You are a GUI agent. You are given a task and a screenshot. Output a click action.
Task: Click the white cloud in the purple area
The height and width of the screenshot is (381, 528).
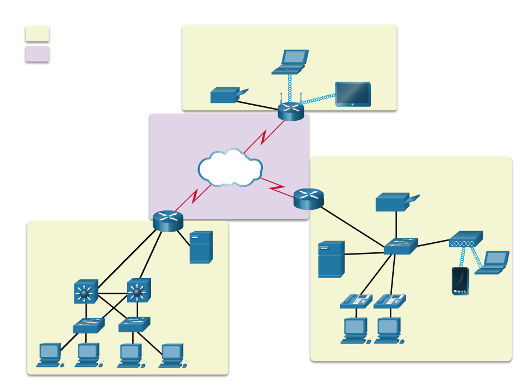pos(230,168)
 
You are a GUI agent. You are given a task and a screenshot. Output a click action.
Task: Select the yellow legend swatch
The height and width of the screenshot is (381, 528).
pos(37,34)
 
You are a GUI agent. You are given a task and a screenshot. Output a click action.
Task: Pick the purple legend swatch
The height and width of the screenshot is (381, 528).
pos(37,54)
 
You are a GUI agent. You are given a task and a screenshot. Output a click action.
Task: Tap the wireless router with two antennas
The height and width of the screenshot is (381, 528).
pos(291,111)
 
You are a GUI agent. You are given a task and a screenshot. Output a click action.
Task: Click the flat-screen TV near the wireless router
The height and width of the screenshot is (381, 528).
pos(352,94)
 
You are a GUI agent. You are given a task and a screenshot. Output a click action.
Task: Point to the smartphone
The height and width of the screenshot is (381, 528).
pos(460,281)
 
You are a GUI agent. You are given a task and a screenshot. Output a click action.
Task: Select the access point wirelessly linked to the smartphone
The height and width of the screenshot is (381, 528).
pos(465,240)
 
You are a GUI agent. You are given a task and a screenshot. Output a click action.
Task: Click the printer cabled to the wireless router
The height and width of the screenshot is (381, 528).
pos(225,96)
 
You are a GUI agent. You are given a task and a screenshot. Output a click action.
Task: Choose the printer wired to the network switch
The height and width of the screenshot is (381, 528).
pos(394,202)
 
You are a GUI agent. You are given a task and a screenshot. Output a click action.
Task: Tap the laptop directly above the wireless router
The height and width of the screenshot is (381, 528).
pos(291,62)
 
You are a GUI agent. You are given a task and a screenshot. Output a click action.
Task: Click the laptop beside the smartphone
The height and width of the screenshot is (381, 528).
pos(493,262)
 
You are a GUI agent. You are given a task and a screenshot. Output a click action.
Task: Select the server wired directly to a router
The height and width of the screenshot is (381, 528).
pos(201,247)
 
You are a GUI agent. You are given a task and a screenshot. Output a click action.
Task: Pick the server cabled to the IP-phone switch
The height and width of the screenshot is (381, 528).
pos(331,258)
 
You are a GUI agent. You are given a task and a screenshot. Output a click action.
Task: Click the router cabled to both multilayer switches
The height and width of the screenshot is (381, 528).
pos(168,221)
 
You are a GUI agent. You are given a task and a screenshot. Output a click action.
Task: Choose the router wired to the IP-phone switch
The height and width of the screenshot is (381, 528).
pos(309,199)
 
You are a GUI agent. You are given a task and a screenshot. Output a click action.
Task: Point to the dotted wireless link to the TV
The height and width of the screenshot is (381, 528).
pos(318,100)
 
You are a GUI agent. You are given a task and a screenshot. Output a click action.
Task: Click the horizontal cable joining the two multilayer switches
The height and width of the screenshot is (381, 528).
pos(112,293)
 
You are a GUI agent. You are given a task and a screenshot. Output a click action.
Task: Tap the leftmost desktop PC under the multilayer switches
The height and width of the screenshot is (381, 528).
pos(49,355)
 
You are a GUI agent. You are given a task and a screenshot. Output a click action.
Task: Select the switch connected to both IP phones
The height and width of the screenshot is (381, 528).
pos(400,246)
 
